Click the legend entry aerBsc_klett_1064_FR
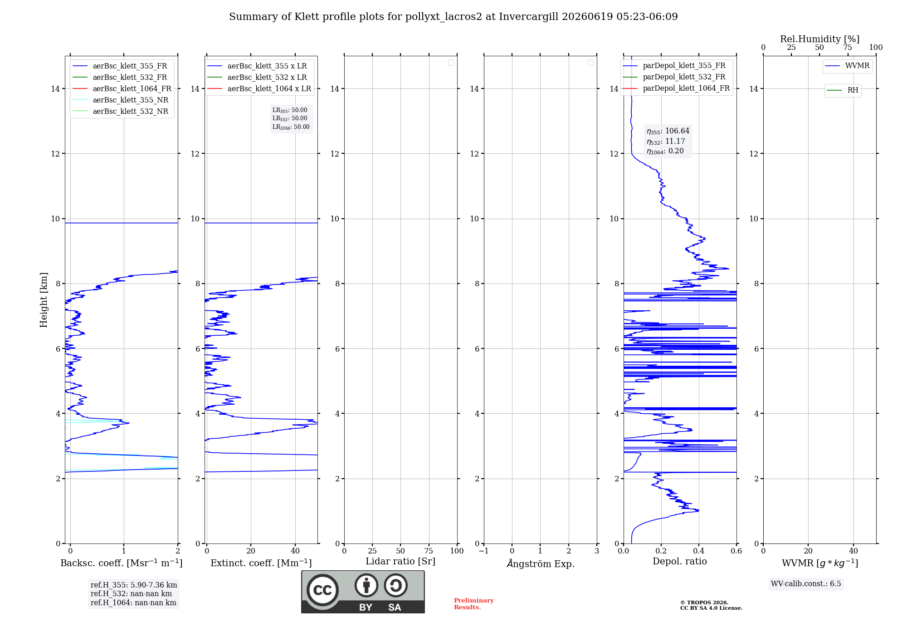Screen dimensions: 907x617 (122, 88)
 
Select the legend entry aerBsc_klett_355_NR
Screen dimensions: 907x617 (121, 100)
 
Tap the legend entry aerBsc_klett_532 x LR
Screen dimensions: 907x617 (257, 77)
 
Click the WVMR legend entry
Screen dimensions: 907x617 (847, 66)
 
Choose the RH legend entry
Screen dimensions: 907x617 (843, 90)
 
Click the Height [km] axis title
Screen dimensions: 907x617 (44, 300)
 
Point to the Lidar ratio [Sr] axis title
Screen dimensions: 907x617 (400, 561)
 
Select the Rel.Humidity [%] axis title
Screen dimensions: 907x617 (819, 39)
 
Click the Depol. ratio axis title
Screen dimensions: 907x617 (680, 561)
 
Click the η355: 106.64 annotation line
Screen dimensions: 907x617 (668, 131)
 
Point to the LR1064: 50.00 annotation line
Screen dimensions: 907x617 (291, 127)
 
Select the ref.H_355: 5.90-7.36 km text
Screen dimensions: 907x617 (134, 585)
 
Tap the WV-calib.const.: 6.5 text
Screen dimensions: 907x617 (806, 583)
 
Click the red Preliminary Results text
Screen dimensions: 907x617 (474, 604)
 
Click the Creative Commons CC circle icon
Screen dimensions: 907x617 (322, 590)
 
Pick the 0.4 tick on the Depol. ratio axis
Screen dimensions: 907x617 (699, 551)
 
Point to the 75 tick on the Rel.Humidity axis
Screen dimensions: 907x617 (847, 47)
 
